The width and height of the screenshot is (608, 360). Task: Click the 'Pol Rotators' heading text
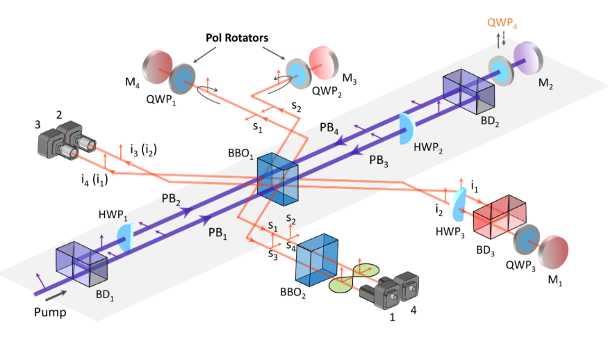[237, 38]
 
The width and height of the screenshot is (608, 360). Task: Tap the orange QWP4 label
[502, 23]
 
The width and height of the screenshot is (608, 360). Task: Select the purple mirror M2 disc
[527, 58]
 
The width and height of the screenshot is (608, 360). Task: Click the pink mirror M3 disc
[324, 62]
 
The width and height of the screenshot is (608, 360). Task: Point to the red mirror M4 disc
[157, 67]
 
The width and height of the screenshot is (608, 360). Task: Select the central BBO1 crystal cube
[278, 179]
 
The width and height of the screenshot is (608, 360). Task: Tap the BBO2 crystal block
[317, 259]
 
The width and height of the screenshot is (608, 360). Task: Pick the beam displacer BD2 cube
[469, 92]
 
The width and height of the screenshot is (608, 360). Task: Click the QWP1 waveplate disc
[182, 79]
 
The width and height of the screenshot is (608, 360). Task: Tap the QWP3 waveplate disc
[526, 240]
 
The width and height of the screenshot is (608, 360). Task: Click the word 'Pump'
[50, 312]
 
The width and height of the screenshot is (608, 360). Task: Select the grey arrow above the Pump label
[56, 295]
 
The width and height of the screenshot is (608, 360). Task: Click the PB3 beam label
[378, 161]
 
